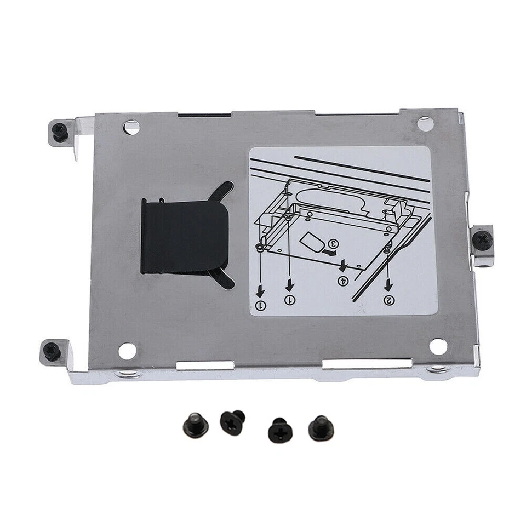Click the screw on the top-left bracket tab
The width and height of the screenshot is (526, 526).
[60, 131]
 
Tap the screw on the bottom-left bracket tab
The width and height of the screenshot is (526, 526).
[53, 351]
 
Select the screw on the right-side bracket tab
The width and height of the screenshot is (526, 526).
[482, 239]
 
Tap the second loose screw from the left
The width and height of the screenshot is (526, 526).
[232, 421]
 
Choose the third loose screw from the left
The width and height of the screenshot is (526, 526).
[279, 429]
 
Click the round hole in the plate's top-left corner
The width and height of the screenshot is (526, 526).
[131, 128]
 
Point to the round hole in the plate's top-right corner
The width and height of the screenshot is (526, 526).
[425, 124]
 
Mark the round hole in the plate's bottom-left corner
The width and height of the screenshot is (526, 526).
[127, 351]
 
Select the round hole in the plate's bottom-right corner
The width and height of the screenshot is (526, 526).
[438, 346]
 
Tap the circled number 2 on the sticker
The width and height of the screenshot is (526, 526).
[389, 300]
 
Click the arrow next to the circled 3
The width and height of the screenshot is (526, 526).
[330, 253]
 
